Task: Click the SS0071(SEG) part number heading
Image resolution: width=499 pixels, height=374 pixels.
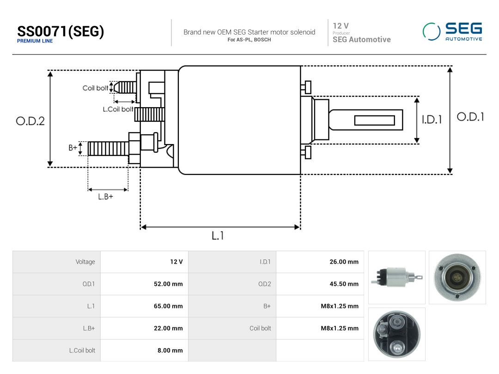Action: click(x=61, y=31)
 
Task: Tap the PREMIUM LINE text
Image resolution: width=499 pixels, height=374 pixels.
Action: click(x=35, y=41)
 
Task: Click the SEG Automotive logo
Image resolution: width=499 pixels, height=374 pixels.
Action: click(x=452, y=31)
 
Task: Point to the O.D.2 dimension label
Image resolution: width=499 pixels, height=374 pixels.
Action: click(x=30, y=121)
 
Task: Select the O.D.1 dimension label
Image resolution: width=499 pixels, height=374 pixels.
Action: click(x=470, y=117)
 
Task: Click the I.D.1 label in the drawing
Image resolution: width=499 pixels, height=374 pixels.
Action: click(x=432, y=120)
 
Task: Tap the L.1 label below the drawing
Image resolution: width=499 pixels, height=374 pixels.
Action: click(x=218, y=235)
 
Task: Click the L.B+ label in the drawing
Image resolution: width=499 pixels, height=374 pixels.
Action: click(x=105, y=197)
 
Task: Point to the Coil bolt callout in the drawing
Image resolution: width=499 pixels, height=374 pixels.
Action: click(x=95, y=88)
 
